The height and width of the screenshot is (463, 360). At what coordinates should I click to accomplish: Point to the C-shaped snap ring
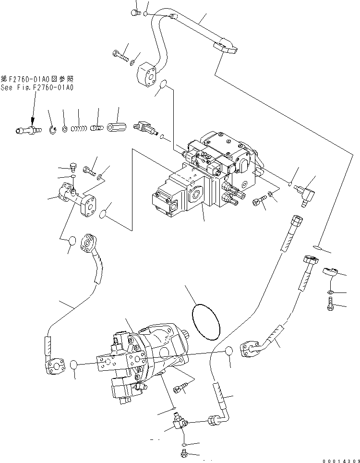pyautogui.click(x=54, y=129)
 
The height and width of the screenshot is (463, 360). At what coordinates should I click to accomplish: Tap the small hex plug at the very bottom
pyautogui.click(x=184, y=452)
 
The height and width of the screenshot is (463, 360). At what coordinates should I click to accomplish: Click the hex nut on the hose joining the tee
pyautogui.click(x=214, y=421)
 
